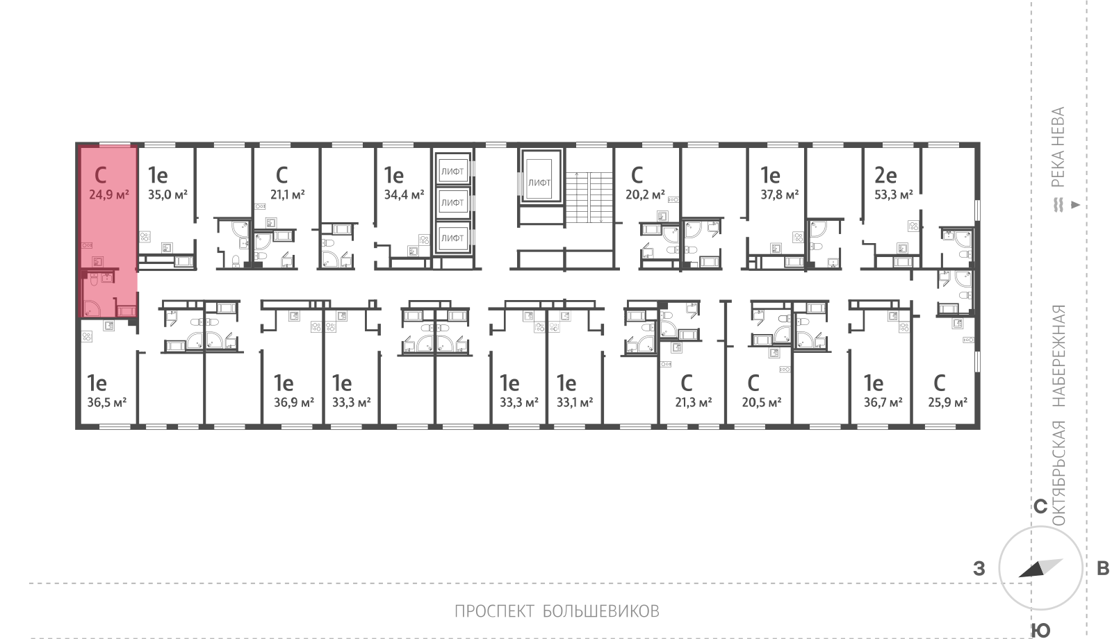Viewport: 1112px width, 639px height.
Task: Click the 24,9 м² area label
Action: click(108, 194)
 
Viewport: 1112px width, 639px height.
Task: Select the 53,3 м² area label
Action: click(894, 194)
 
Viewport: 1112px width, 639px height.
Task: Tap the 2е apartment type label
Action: click(885, 175)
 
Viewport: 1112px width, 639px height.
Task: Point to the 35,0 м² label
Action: click(167, 194)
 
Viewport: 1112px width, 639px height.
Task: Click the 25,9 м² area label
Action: click(948, 402)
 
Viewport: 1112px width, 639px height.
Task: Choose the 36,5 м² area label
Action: click(107, 402)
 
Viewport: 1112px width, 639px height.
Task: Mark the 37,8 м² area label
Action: click(780, 194)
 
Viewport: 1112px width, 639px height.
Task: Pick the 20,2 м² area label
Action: click(646, 194)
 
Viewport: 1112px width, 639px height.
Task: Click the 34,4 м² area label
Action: click(404, 194)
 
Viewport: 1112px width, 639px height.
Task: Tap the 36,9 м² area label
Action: click(294, 402)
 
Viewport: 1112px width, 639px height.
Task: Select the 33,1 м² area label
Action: click(575, 402)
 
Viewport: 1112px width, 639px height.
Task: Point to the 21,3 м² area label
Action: click(694, 402)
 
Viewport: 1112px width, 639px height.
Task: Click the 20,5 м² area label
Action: click(762, 402)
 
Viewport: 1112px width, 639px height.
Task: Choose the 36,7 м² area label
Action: click(883, 402)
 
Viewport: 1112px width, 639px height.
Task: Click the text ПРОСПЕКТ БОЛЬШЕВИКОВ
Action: click(557, 611)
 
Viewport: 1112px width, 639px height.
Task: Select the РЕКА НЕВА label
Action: click(1058, 147)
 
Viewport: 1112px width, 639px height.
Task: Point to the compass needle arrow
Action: click(1040, 568)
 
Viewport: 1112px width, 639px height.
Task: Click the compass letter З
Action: click(979, 568)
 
